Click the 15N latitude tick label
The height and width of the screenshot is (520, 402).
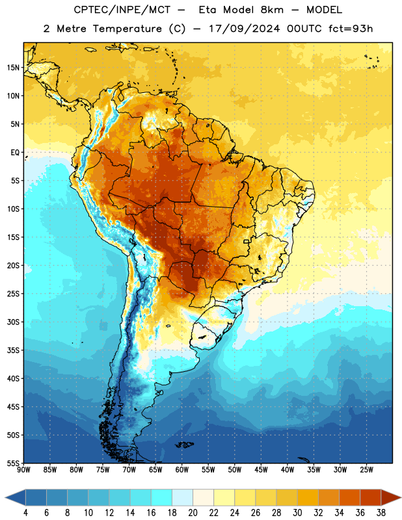pyautogui.click(x=13, y=68)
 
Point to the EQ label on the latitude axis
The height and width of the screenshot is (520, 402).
pyautogui.click(x=15, y=153)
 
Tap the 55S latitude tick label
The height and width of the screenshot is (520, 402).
pyautogui.click(x=13, y=463)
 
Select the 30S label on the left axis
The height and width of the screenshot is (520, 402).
pyautogui.click(x=13, y=322)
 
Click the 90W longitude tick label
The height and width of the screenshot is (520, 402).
pyautogui.click(x=23, y=469)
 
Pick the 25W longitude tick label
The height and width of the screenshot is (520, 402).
pyautogui.click(x=366, y=469)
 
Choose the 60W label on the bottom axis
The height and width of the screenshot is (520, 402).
pyautogui.click(x=182, y=469)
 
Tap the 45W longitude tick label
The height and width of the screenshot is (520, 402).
pyautogui.click(x=261, y=469)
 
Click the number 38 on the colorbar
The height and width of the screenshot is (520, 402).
pyautogui.click(x=381, y=513)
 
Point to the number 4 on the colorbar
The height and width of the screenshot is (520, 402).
pyautogui.click(x=25, y=513)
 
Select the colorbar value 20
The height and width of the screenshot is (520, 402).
pyautogui.click(x=193, y=513)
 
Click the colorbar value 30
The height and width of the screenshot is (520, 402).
pyautogui.click(x=297, y=513)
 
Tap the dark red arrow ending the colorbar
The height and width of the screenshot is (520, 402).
pyautogui.click(x=390, y=497)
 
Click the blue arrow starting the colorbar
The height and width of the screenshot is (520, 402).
pyautogui.click(x=16, y=497)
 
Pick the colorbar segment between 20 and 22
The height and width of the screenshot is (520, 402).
pyautogui.click(x=203, y=497)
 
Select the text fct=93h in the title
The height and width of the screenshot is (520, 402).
pyautogui.click(x=351, y=29)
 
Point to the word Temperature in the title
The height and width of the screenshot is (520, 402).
pyautogui.click(x=127, y=29)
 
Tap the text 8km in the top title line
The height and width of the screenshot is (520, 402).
pyautogui.click(x=272, y=10)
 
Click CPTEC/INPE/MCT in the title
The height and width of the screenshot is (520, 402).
pyautogui.click(x=122, y=10)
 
